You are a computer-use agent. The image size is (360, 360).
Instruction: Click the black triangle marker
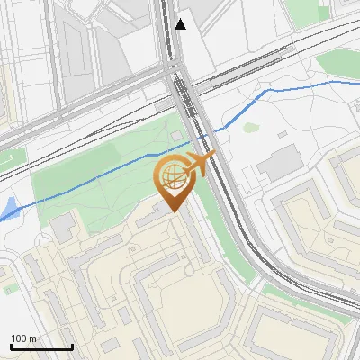(x=182, y=24)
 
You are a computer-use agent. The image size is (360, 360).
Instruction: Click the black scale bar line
(x=40, y=347)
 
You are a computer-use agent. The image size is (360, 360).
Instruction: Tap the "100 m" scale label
(x=24, y=338)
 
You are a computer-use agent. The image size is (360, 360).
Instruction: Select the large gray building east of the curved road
(x=281, y=162)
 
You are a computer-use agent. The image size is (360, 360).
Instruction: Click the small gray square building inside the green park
(x=176, y=135)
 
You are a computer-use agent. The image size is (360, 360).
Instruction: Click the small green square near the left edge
(x=9, y=290)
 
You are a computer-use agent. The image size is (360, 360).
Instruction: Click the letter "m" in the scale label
(x=33, y=338)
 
